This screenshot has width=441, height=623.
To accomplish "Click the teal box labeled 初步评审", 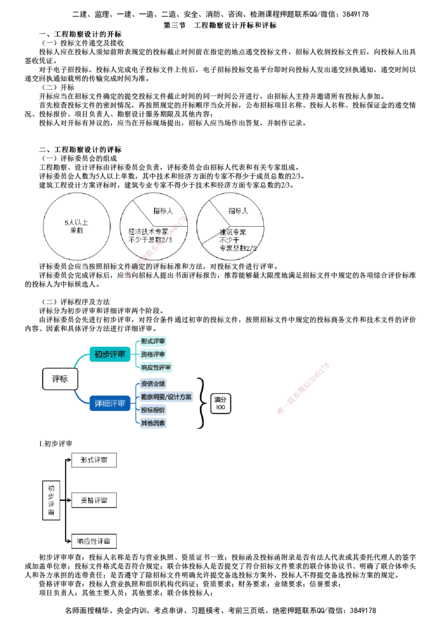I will tap(110, 354).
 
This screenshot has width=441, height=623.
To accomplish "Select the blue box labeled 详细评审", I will tap(110, 404).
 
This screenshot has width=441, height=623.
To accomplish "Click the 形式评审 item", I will tap(153, 341).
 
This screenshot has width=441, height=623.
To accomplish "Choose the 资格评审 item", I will tap(153, 354).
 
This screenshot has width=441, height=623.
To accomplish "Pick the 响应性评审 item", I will tap(156, 367).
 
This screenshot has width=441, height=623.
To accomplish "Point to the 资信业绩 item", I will tap(153, 384).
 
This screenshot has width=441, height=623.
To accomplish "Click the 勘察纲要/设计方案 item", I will tap(166, 397).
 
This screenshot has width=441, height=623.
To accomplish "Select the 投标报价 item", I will tap(153, 410).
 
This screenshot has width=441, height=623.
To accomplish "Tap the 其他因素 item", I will tap(153, 423).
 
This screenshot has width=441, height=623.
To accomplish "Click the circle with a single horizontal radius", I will tap(76, 225).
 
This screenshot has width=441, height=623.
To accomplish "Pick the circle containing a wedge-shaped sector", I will tap(230, 225).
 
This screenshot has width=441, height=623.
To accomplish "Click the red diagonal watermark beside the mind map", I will tap(303, 387).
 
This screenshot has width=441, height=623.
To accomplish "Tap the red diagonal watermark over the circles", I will tap(155, 247).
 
